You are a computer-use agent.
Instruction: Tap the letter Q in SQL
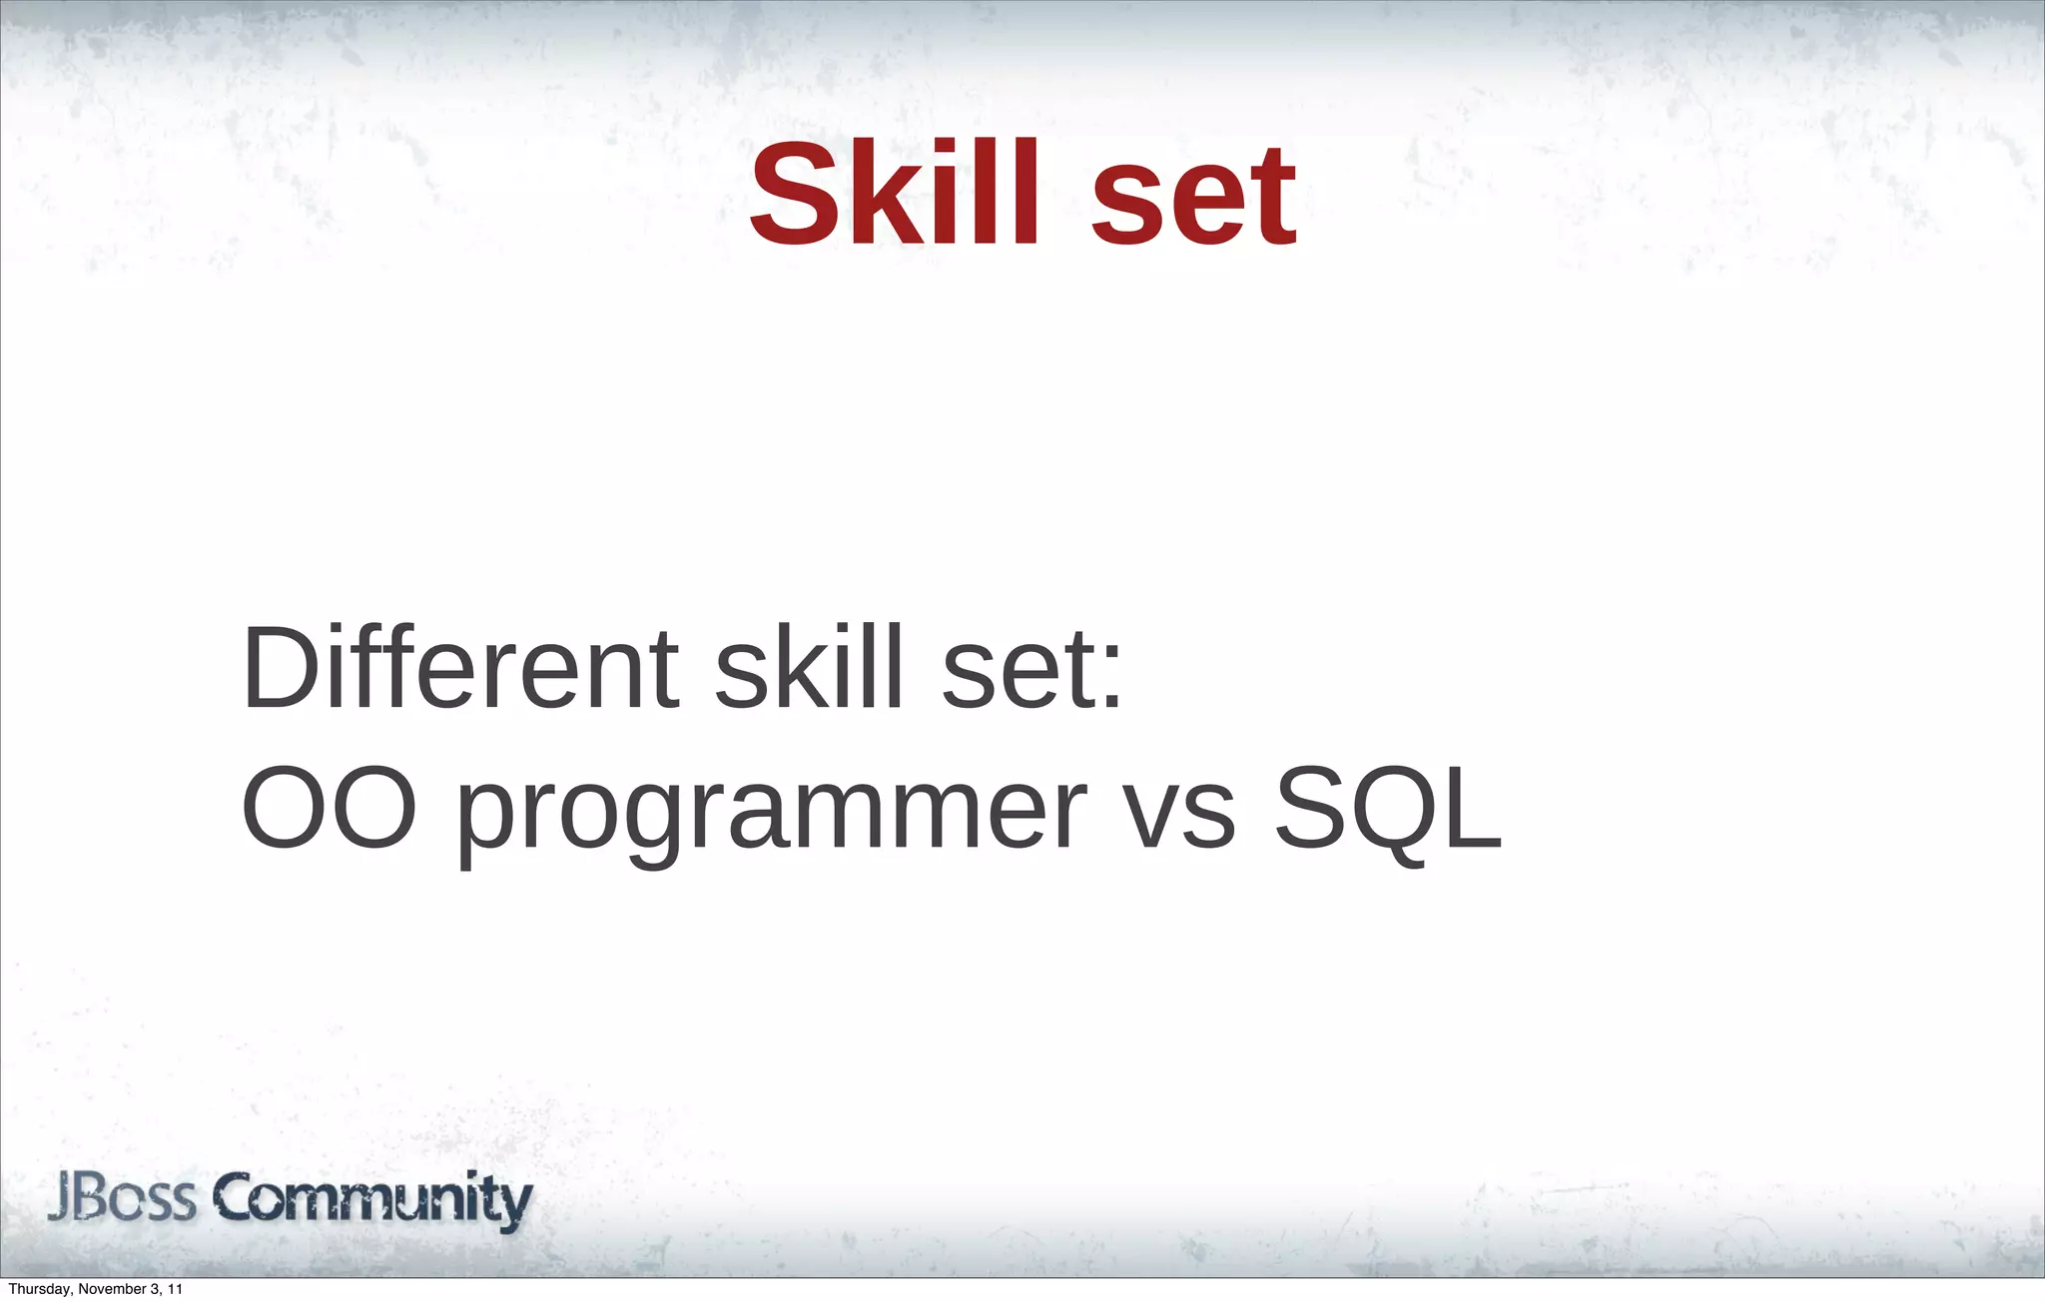(x=1398, y=809)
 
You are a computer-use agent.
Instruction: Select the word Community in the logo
(x=372, y=1200)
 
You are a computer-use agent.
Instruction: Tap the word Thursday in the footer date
(x=39, y=1290)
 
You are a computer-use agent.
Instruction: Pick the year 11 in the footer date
(x=176, y=1290)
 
